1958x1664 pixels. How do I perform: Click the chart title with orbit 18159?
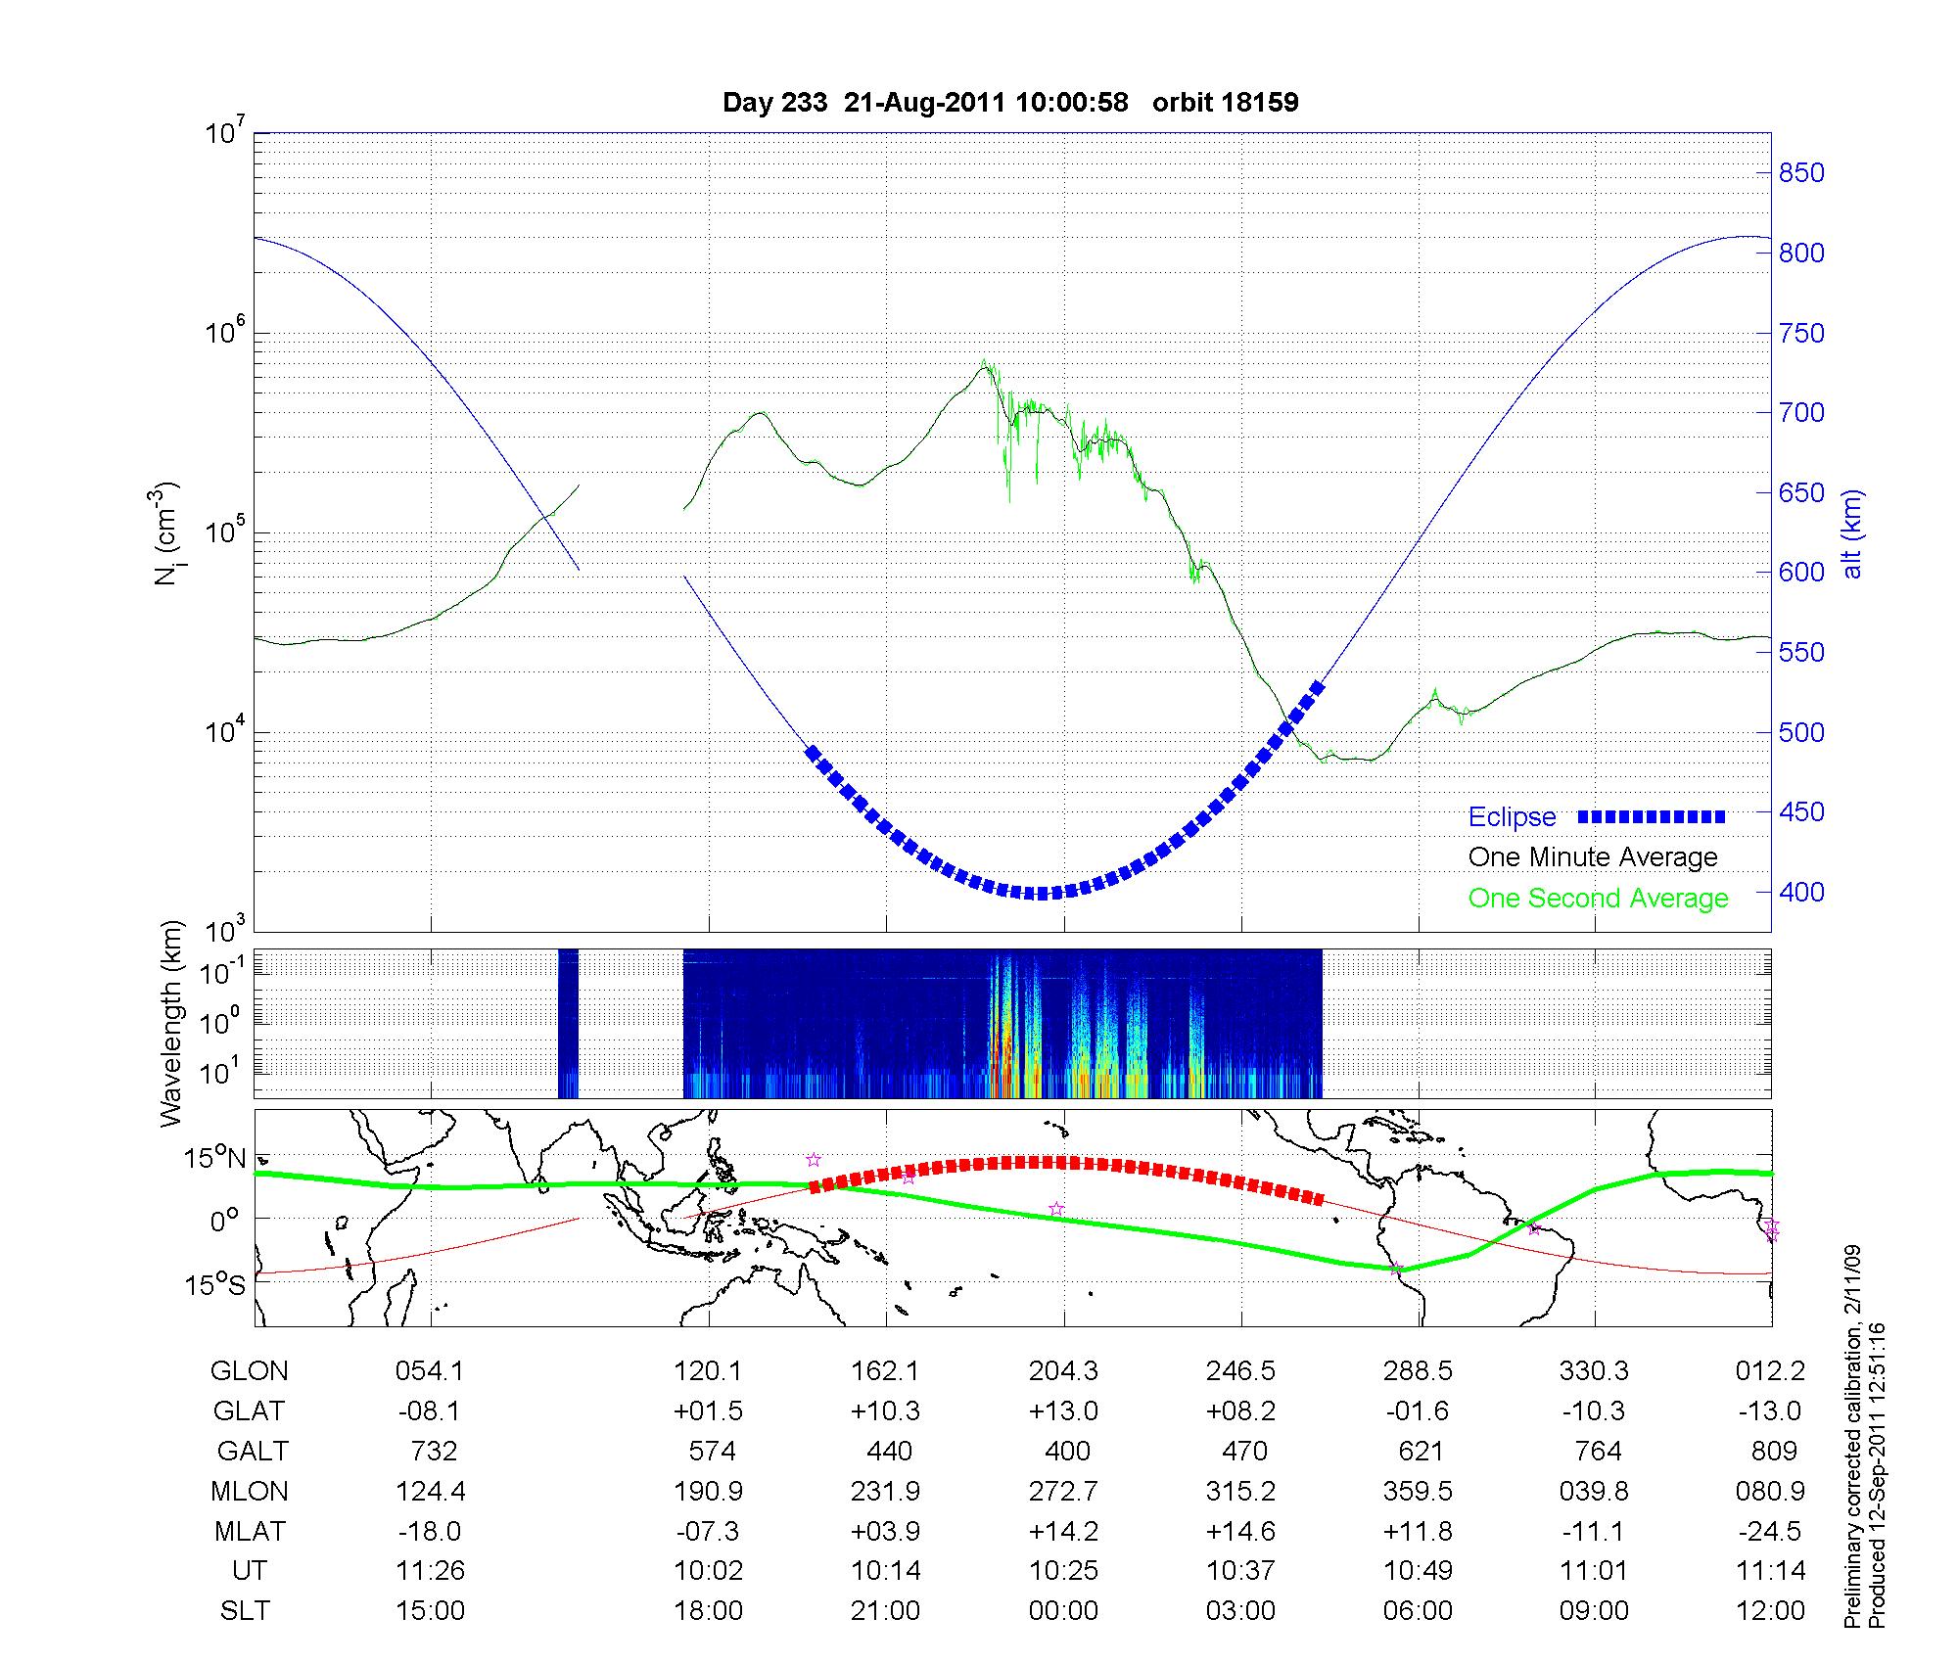pos(1009,103)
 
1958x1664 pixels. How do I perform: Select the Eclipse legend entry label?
pos(1512,817)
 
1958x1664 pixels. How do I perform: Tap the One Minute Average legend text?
pos(1593,857)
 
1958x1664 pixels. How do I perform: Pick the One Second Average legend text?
pos(1598,899)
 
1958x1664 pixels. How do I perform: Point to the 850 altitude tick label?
pos(1801,173)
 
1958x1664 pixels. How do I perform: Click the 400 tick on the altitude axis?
pos(1801,892)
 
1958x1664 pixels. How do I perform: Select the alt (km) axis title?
pos(1853,533)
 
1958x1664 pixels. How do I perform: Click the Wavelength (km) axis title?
pos(171,1023)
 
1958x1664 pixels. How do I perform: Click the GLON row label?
pos(249,1371)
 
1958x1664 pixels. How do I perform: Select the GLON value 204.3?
pos(1063,1371)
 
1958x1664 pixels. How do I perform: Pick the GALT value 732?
pos(431,1451)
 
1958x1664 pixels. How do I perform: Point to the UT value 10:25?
pos(1063,1571)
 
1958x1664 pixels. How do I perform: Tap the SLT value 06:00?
pos(1418,1610)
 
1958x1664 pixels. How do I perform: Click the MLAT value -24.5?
pos(1770,1531)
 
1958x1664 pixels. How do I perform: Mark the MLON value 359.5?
pos(1418,1491)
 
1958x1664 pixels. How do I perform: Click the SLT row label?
pos(244,1610)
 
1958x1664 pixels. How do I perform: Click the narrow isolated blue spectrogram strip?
pos(568,1023)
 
